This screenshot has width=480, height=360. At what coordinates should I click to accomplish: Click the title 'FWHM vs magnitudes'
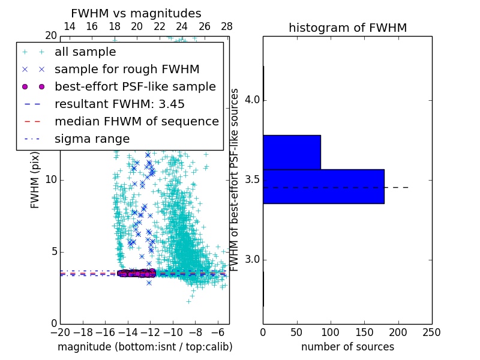coord(136,13)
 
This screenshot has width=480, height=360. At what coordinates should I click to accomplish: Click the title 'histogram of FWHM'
coord(347,28)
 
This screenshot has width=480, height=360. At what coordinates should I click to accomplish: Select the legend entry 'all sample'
coord(85,52)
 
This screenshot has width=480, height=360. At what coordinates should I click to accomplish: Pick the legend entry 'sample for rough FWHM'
coord(127,70)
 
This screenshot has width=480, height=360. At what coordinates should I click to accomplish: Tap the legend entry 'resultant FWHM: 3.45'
coord(119,104)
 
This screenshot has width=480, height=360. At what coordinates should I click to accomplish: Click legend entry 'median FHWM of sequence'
coord(136,121)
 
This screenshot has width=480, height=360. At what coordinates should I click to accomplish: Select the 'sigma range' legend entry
coord(92,139)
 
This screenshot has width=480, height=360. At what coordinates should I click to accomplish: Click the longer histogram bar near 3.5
coord(323,187)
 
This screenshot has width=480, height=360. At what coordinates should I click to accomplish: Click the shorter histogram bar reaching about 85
coord(292,152)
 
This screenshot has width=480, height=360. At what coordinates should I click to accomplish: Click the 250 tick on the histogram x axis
coord(431,332)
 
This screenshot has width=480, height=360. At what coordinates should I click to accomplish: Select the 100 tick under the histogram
coord(331,332)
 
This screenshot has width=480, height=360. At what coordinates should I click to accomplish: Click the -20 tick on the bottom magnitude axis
coord(60,332)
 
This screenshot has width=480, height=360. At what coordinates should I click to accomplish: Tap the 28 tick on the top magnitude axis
coord(227,26)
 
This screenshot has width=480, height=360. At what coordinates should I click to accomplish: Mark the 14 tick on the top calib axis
coord(69,26)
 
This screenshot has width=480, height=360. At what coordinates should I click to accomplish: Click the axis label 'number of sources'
coord(347,347)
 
